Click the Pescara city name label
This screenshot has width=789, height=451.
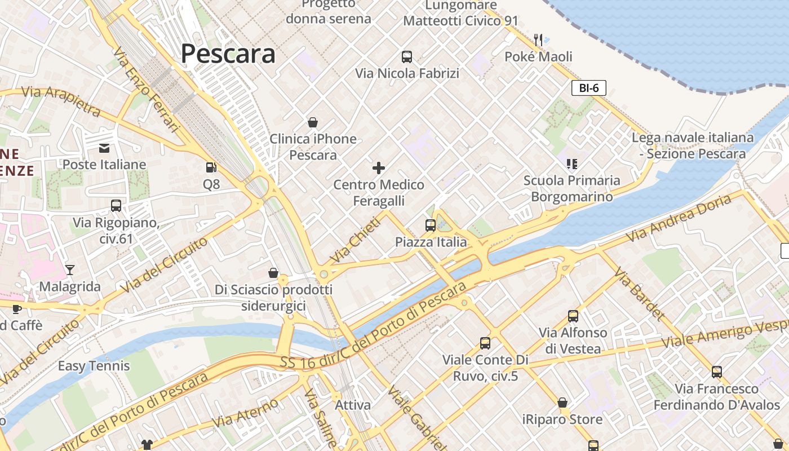pyautogui.click(x=228, y=54)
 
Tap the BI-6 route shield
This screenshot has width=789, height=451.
pyautogui.click(x=588, y=87)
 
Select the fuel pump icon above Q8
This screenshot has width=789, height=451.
pyautogui.click(x=211, y=167)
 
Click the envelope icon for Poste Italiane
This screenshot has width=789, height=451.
pyautogui.click(x=104, y=148)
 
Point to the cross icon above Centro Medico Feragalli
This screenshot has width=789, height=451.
pyautogui.click(x=379, y=167)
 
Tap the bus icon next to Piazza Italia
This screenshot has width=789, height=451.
pyautogui.click(x=431, y=225)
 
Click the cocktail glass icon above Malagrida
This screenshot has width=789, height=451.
pyautogui.click(x=70, y=270)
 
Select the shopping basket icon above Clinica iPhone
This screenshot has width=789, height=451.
pyautogui.click(x=313, y=122)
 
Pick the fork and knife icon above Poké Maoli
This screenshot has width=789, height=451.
pyautogui.click(x=538, y=39)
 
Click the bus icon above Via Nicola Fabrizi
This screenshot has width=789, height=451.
pyautogui.click(x=407, y=56)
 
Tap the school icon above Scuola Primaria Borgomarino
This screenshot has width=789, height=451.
pyautogui.click(x=572, y=164)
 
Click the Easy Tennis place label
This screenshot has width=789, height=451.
pyautogui.click(x=94, y=366)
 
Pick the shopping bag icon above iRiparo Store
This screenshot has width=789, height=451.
pyautogui.click(x=562, y=403)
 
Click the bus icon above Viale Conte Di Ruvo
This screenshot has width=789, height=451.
pyautogui.click(x=485, y=343)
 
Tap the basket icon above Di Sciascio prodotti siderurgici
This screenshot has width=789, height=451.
pyautogui.click(x=273, y=273)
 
